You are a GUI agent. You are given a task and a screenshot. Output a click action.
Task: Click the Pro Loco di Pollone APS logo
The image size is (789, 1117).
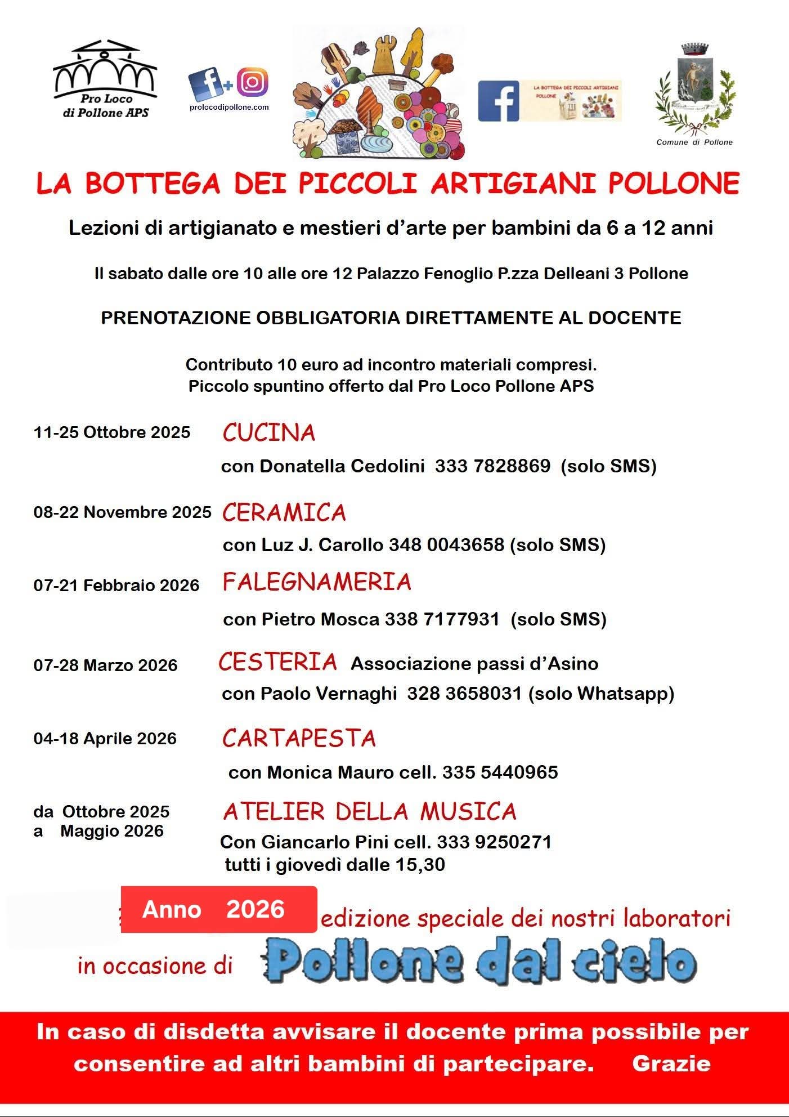click(x=105, y=79)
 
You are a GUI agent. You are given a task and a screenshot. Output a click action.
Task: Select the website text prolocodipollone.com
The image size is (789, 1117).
click(x=229, y=107)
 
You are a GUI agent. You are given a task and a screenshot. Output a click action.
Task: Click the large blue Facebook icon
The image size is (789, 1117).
click(x=498, y=101)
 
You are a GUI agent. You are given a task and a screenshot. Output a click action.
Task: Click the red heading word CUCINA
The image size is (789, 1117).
click(x=268, y=433)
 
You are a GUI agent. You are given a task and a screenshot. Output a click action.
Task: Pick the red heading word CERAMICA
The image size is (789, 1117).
click(x=284, y=512)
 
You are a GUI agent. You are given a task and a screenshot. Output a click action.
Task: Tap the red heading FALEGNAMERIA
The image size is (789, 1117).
click(x=317, y=582)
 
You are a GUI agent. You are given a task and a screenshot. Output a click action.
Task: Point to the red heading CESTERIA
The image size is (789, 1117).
click(x=277, y=662)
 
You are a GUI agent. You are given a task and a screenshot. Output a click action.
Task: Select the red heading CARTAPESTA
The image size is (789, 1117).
click(x=299, y=738)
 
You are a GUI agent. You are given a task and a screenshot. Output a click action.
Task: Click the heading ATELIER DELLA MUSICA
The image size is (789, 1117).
click(x=370, y=811)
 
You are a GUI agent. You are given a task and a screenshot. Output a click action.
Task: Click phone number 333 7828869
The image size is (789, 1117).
click(x=492, y=466)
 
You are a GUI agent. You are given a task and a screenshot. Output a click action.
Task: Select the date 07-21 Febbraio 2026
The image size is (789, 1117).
click(x=116, y=586)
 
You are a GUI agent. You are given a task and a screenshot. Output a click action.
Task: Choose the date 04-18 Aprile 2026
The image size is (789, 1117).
click(x=105, y=739)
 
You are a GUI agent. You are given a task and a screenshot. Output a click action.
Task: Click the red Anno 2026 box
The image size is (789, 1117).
click(x=219, y=909)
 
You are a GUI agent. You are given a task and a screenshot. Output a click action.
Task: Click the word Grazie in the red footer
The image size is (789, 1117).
click(x=671, y=1064)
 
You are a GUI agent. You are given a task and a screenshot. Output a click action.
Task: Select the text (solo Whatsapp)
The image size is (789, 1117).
click(x=601, y=694)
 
